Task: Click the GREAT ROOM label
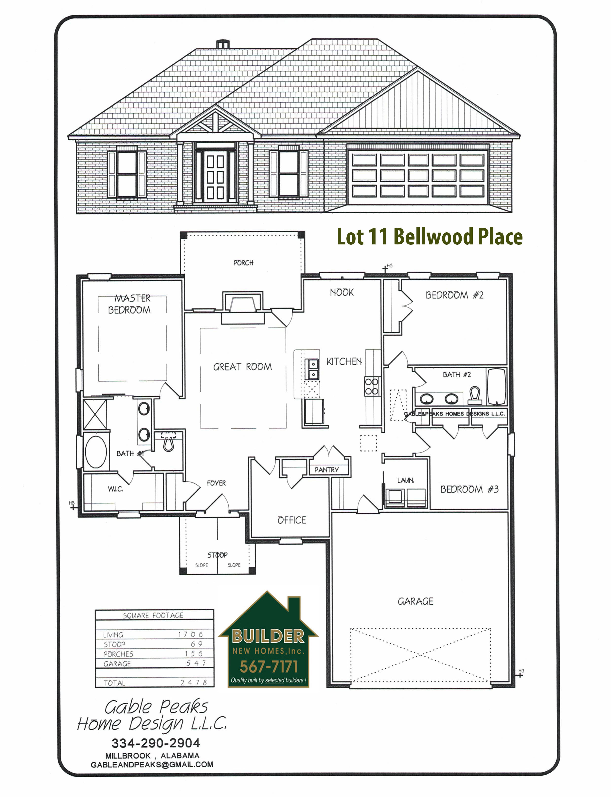[x=242, y=367]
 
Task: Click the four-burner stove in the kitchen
[x=372, y=387]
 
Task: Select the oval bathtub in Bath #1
[x=96, y=452]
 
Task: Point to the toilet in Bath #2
[x=475, y=395]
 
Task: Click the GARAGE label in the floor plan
[x=415, y=601]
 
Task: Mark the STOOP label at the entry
[x=217, y=555]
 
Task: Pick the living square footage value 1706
[x=190, y=635]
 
